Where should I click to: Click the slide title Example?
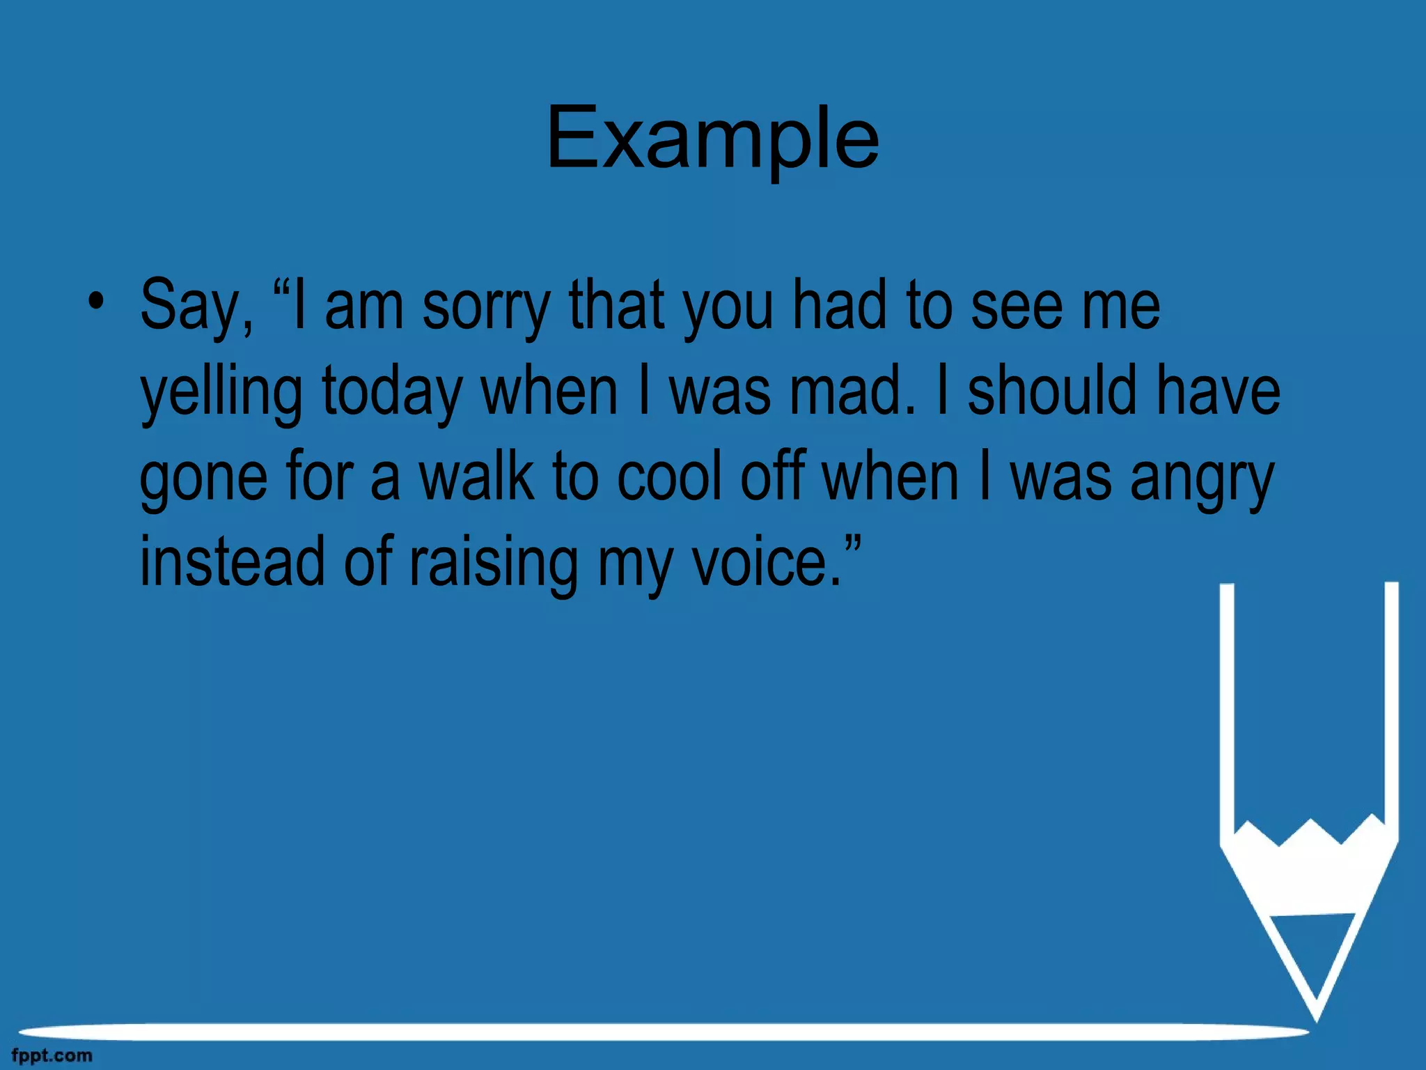[x=712, y=137]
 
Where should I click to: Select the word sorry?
[x=486, y=307]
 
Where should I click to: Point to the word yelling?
[x=221, y=392]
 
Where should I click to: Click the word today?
[x=391, y=392]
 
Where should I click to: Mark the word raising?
[x=493, y=563]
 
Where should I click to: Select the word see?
[x=1017, y=307]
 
